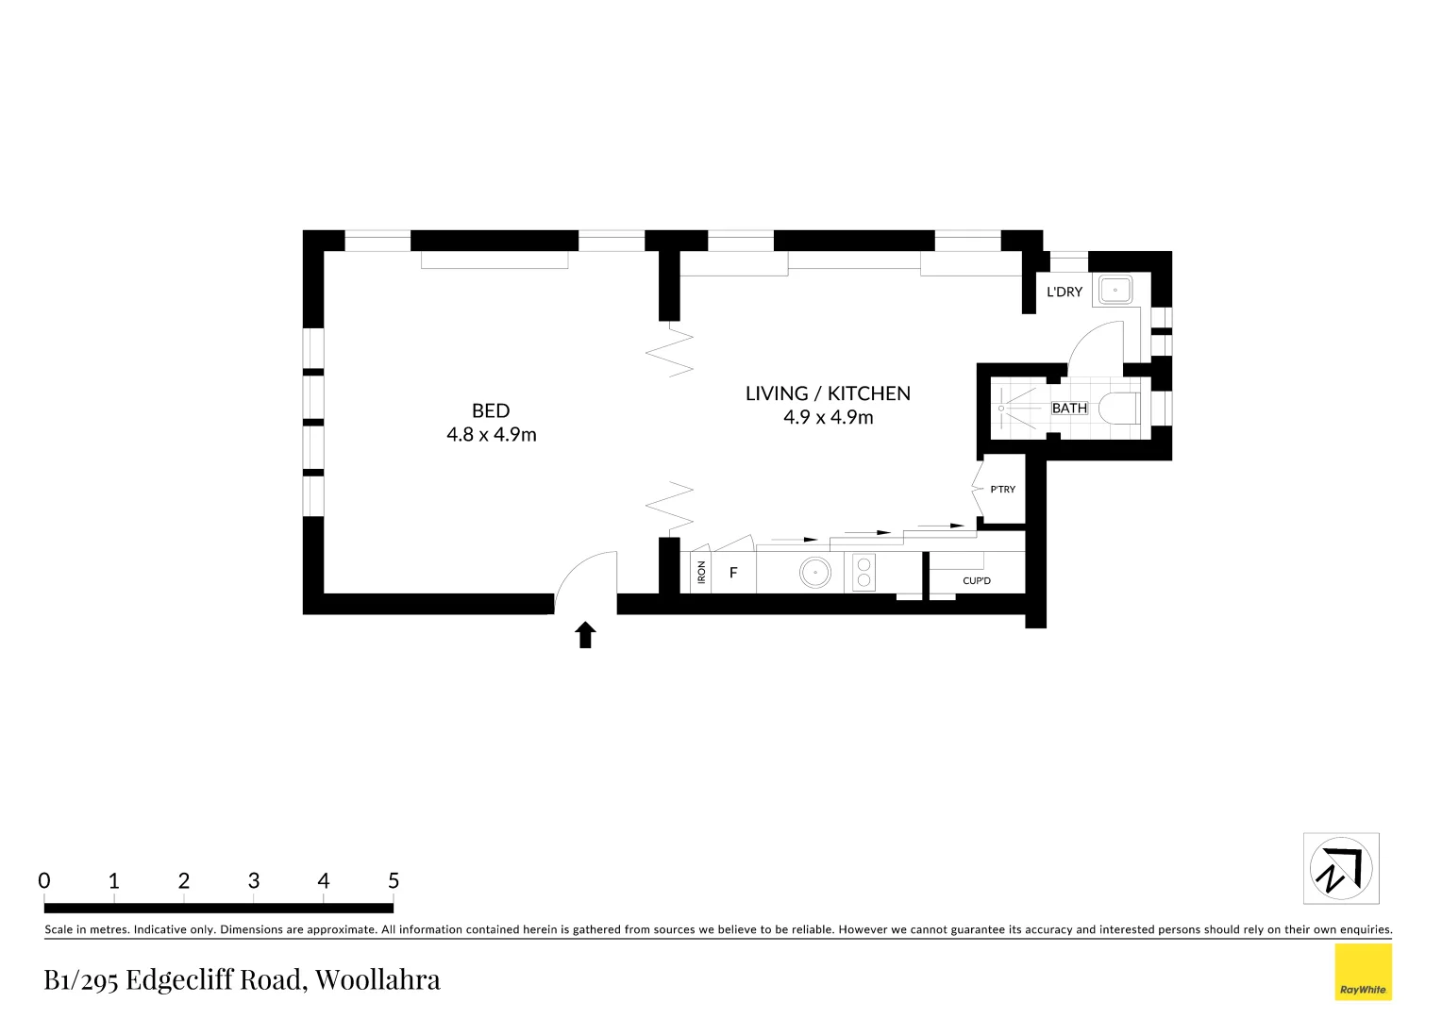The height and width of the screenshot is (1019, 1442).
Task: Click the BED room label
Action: pyautogui.click(x=491, y=410)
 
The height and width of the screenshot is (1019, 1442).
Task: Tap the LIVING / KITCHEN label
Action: pyautogui.click(x=828, y=393)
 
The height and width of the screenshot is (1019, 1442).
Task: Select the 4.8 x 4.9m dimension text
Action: pyautogui.click(x=491, y=435)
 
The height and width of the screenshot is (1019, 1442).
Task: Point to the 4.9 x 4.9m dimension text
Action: pyautogui.click(x=828, y=417)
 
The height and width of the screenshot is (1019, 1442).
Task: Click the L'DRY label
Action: pyautogui.click(x=1065, y=292)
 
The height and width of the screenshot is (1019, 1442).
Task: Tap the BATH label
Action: pyautogui.click(x=1069, y=409)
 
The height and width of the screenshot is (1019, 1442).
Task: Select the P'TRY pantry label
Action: pyautogui.click(x=1002, y=490)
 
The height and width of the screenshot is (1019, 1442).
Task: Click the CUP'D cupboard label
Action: pyautogui.click(x=977, y=580)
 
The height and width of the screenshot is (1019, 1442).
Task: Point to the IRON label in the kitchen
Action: pyautogui.click(x=701, y=573)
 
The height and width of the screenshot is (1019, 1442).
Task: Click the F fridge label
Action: pyautogui.click(x=733, y=573)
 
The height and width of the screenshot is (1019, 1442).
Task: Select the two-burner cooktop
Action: pyautogui.click(x=864, y=573)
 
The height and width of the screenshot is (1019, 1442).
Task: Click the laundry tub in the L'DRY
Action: pyautogui.click(x=1115, y=290)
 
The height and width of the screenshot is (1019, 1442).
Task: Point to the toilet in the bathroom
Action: pyautogui.click(x=1120, y=409)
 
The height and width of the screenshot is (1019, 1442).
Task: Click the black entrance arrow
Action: pyautogui.click(x=586, y=635)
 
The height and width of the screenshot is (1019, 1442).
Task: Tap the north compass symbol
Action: pyautogui.click(x=1340, y=868)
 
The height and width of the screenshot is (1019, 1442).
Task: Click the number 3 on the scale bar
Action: pyautogui.click(x=254, y=881)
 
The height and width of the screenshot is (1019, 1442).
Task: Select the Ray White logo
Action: pyautogui.click(x=1363, y=972)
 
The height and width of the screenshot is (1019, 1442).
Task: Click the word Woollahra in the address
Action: pyautogui.click(x=377, y=979)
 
